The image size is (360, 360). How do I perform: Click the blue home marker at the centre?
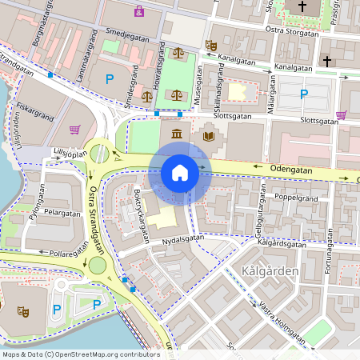tap(180, 173)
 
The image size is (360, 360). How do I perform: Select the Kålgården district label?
tap(269, 272)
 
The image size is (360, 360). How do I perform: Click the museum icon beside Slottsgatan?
tap(176, 133)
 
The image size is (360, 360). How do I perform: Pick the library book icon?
tap(209, 135)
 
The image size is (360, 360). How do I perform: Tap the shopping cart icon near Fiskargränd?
tap(75, 129)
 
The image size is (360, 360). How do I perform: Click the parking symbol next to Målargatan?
tap(303, 94)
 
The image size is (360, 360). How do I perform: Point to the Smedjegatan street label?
tap(134, 35)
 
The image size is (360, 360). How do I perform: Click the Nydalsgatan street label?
tap(183, 238)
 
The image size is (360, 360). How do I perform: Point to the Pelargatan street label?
tap(62, 214)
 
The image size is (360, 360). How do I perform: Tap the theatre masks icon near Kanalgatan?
tap(210, 46)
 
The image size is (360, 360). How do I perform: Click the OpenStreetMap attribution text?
tap(81, 354)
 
